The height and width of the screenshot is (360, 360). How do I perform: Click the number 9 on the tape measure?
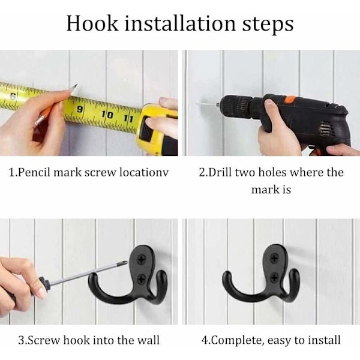pos(79,109)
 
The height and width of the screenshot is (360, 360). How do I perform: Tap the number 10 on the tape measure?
pos(107,115)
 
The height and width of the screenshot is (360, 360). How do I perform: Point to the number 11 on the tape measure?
pos(128,119)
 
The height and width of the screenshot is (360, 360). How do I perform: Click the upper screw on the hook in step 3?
pos(140,260)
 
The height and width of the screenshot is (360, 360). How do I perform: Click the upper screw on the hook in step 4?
pos(274,259)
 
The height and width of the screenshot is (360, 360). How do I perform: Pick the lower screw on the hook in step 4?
pos(275,277)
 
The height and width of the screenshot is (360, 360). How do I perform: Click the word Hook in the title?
pos(92,23)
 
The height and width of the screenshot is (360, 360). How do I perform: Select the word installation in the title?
pos(180,23)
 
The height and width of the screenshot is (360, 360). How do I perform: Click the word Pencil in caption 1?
pos(34,172)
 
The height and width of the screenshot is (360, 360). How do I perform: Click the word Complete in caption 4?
pos(237,340)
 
